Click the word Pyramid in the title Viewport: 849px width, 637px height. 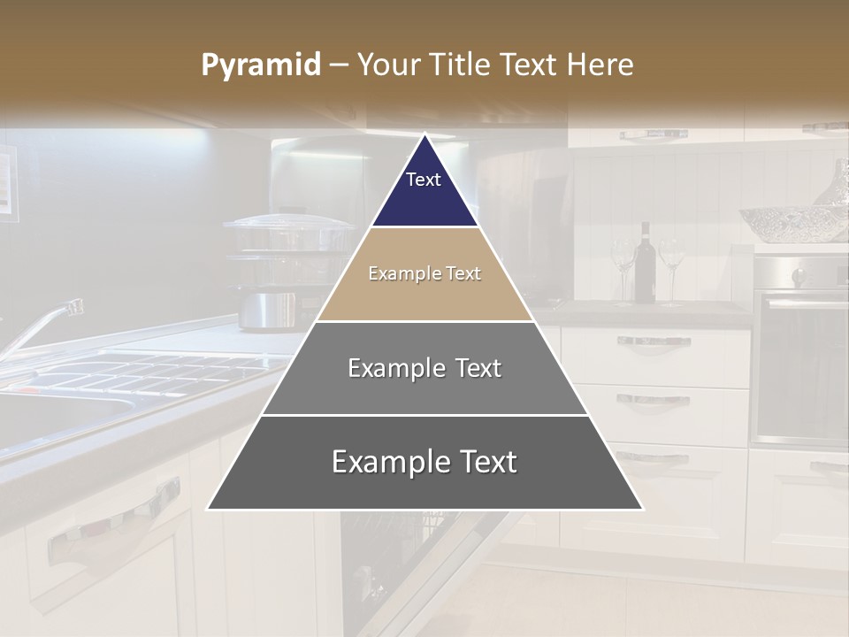click(260, 65)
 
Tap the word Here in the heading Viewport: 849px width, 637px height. click(600, 65)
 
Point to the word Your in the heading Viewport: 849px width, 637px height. click(387, 65)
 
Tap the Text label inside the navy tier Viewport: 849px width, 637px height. click(424, 180)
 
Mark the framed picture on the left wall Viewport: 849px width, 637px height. click(7, 181)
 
